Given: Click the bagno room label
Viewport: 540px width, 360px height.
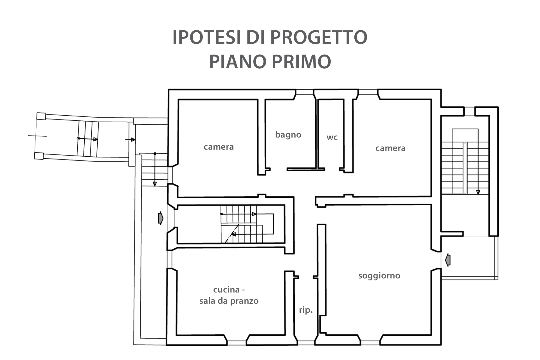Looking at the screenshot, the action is pyautogui.click(x=288, y=135).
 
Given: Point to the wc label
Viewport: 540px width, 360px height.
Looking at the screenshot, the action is pyautogui.click(x=332, y=138).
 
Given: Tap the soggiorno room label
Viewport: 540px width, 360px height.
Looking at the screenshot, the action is pyautogui.click(x=379, y=276).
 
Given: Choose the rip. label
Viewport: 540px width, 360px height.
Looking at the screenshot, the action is pyautogui.click(x=306, y=310).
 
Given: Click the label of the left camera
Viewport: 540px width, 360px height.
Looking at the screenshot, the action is pyautogui.click(x=219, y=147).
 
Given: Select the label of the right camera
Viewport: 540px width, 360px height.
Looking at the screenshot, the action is pyautogui.click(x=390, y=148).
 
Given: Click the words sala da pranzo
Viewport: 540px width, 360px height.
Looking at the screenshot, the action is pyautogui.click(x=229, y=301).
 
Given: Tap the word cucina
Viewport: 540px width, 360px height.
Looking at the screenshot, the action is pyautogui.click(x=226, y=289).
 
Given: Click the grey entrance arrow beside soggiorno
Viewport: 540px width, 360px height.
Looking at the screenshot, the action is pyautogui.click(x=448, y=260).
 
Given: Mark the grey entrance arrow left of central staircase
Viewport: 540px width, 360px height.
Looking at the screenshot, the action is pyautogui.click(x=161, y=218).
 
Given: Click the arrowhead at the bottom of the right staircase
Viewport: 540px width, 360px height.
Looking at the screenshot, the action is pyautogui.click(x=478, y=192).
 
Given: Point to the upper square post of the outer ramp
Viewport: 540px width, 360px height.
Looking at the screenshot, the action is pyautogui.click(x=41, y=116).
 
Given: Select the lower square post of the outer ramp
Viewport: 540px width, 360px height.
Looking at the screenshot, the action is pyautogui.click(x=39, y=156).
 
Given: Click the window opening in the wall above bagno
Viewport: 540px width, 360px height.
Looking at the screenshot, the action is pyautogui.click(x=305, y=92).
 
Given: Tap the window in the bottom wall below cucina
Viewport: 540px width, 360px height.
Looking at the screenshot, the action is pyautogui.click(x=237, y=343).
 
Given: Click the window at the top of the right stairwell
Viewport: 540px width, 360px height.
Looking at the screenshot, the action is pyautogui.click(x=469, y=111).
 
